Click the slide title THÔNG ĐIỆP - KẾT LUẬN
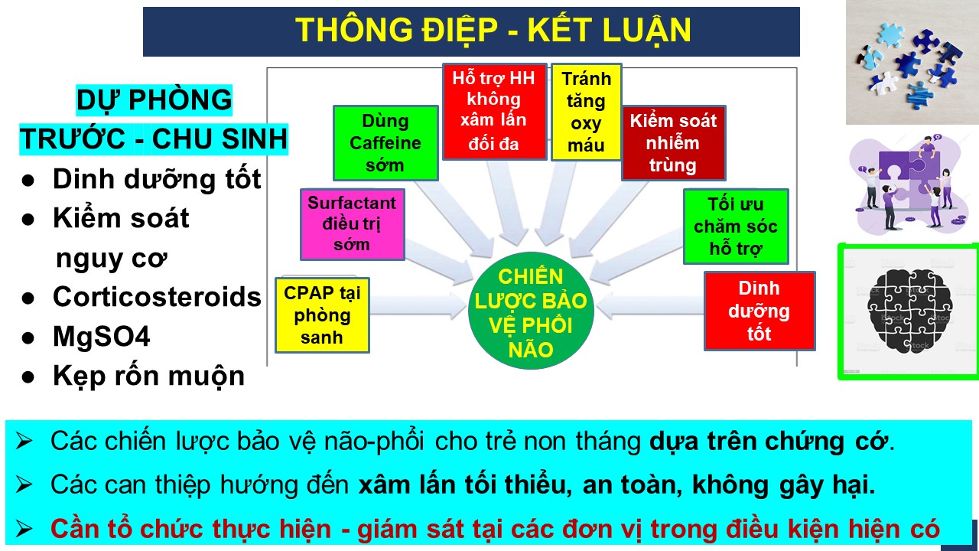click(x=493, y=31)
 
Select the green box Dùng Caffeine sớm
click(x=385, y=143)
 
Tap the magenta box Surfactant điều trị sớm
click(x=353, y=224)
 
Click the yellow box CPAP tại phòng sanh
click(x=322, y=315)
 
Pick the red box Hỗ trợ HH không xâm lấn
click(x=494, y=112)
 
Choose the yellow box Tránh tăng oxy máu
click(x=586, y=112)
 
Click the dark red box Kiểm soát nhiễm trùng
click(x=674, y=143)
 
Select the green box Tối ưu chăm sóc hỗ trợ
click(x=736, y=227)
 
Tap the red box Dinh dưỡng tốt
click(x=759, y=311)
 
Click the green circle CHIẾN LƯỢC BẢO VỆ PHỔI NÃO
click(x=531, y=311)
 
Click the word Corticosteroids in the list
click(x=157, y=297)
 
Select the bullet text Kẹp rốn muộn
click(x=148, y=376)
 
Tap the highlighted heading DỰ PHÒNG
click(x=154, y=99)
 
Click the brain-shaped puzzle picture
click(x=908, y=311)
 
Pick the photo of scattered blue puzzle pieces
click(x=912, y=62)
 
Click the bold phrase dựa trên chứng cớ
click(x=769, y=442)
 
